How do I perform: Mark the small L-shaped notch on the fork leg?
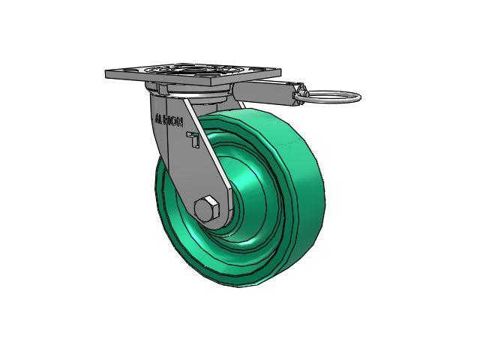tap(194, 139)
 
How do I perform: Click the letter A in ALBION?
tap(156, 118)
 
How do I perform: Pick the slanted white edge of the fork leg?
tap(207, 150)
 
